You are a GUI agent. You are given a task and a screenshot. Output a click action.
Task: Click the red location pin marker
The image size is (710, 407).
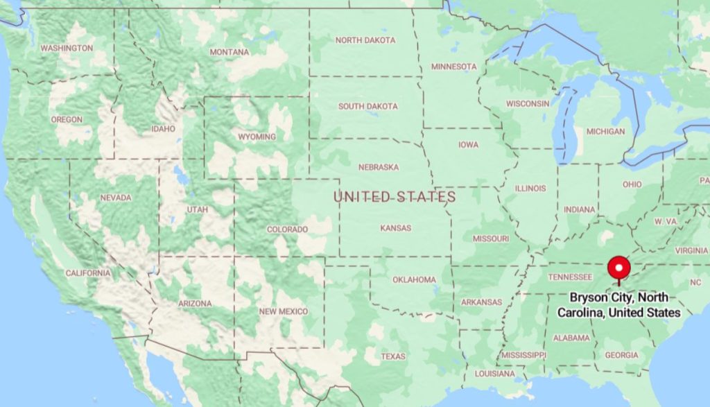[x=618, y=268]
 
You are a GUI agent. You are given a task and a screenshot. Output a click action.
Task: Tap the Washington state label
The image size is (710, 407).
[x=67, y=49]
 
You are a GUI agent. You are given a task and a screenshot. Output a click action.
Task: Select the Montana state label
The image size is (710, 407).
[x=230, y=53]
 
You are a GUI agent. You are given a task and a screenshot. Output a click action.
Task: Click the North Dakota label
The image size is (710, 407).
[x=365, y=40]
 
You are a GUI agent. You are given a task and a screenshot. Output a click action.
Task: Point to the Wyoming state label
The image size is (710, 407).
[x=257, y=137]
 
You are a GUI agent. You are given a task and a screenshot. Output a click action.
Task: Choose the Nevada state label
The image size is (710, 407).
[x=116, y=198]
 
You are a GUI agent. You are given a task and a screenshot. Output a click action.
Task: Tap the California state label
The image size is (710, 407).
[x=88, y=273]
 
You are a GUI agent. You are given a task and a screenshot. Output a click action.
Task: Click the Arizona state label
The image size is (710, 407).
[x=195, y=304]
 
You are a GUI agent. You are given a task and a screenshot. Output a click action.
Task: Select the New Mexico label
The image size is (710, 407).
[x=283, y=311]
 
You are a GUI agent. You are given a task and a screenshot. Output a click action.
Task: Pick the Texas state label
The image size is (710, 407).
[x=393, y=356]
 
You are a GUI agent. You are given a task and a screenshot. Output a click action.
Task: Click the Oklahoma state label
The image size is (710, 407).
[x=414, y=280]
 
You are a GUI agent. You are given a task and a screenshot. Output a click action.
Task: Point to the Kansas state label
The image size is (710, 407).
[x=395, y=228]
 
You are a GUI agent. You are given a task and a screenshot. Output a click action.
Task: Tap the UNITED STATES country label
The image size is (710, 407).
[x=395, y=197]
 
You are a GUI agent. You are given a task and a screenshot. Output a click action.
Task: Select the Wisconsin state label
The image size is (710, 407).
[x=528, y=103]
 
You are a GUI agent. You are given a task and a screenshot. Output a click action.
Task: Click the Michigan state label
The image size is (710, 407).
[x=605, y=131]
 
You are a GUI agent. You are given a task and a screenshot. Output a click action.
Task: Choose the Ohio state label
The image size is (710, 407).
[x=632, y=184]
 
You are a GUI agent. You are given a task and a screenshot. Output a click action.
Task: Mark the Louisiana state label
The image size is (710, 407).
[x=494, y=374]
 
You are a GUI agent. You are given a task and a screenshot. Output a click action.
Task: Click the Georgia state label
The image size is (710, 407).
[x=621, y=355]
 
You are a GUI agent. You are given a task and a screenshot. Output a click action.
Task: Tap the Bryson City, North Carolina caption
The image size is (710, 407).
[x=619, y=305]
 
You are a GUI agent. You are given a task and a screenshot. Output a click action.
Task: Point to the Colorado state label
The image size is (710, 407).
[x=288, y=230]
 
